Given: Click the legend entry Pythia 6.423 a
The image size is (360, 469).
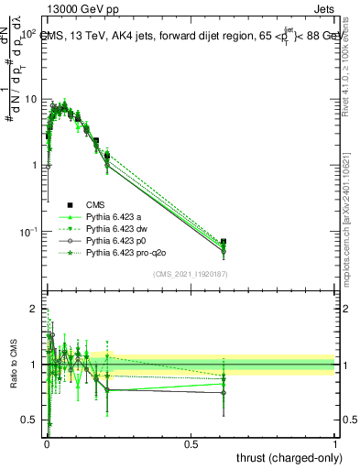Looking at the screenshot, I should tap(117, 216).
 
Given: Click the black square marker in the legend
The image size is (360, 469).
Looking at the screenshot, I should tap(70, 204).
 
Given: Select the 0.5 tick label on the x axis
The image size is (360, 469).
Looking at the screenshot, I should tap(191, 442).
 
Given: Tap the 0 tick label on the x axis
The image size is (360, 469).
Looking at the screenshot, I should tap(46, 442).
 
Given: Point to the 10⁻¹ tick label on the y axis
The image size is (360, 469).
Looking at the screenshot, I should tap(28, 232).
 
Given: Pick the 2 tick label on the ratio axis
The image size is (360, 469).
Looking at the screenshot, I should tap(37, 310).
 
